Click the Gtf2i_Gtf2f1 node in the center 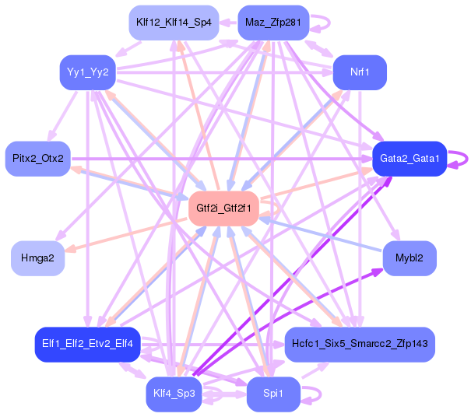(223, 208)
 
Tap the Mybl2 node (409, 258)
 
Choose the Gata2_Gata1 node (409, 159)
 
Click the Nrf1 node (360, 72)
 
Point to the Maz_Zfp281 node (272, 22)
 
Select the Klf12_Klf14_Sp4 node (173, 22)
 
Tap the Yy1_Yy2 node (87, 72)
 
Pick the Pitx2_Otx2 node (37, 159)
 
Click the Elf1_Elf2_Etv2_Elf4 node (87, 343)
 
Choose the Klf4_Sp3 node (174, 394)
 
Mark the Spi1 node (272, 394)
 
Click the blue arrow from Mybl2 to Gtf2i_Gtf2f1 (319, 233)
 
